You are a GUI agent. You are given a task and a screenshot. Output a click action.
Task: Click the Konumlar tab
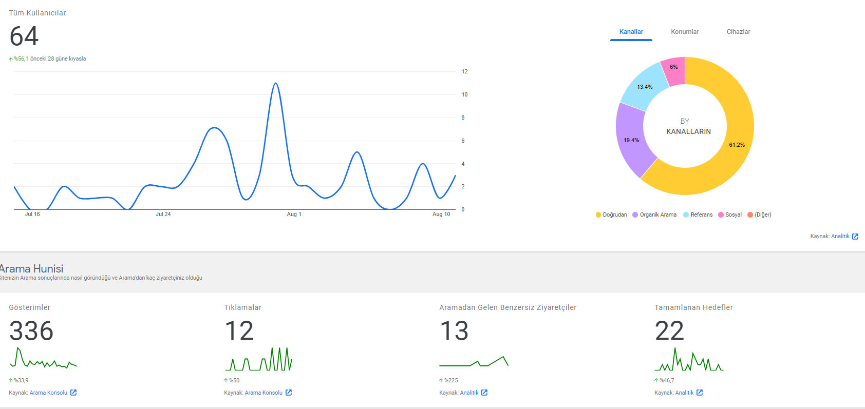point(685,32)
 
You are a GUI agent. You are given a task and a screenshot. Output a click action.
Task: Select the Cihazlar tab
point(738,32)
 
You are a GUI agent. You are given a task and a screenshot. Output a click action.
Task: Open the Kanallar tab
point(631,32)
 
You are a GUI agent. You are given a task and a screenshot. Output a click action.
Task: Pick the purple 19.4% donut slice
point(632,140)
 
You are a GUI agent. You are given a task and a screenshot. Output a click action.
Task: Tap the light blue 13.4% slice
point(644,87)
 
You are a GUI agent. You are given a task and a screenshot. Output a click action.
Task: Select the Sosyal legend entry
point(730,215)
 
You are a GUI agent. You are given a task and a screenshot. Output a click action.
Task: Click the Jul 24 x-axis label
point(163,214)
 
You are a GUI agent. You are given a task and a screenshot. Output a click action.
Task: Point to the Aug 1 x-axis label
point(294,214)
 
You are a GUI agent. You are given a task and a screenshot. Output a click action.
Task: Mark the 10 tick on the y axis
point(464,94)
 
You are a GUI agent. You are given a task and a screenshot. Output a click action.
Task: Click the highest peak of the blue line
point(276,83)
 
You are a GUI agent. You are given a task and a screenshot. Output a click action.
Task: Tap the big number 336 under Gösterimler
point(31,330)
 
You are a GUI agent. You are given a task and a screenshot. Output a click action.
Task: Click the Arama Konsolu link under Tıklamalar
point(264,393)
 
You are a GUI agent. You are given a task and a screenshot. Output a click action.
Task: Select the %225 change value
point(450,380)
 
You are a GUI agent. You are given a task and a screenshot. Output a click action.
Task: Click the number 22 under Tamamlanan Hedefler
point(669,330)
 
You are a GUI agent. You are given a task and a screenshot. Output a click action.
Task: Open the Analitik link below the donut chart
point(840,236)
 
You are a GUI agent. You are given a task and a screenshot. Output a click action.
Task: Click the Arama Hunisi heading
point(32,268)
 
